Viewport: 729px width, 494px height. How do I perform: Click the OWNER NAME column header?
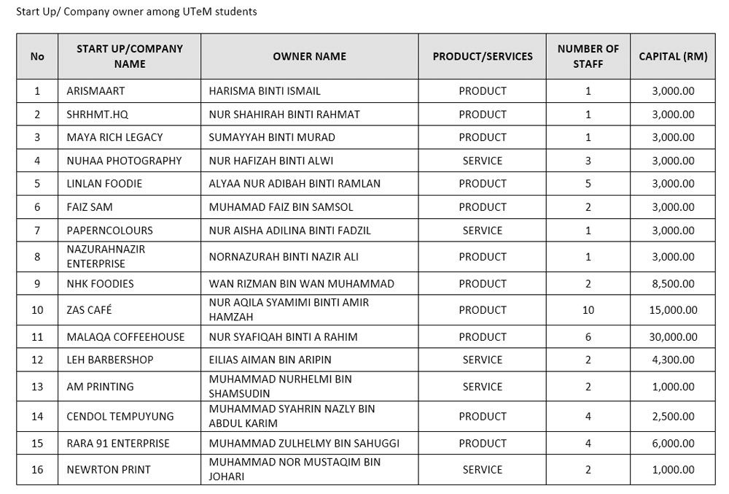[x=309, y=56]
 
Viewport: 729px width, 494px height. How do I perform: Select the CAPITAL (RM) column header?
[x=672, y=56]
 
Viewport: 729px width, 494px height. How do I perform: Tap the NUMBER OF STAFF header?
[x=588, y=56]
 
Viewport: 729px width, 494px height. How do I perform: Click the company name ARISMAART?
[x=95, y=91]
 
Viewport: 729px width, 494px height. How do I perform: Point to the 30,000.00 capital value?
[x=673, y=337]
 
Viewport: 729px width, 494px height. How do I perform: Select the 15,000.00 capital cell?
[x=673, y=310]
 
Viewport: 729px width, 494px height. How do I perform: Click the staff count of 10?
[x=588, y=310]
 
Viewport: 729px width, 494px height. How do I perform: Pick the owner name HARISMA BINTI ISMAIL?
[x=265, y=91]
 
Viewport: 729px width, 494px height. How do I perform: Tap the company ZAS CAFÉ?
[x=89, y=310]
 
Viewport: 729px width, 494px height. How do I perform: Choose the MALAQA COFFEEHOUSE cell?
[x=125, y=337]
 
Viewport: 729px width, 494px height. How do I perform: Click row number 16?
[x=37, y=470]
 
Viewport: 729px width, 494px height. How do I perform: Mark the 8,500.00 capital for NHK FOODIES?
[x=673, y=284]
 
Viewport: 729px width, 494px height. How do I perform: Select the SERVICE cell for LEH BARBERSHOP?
[x=482, y=360]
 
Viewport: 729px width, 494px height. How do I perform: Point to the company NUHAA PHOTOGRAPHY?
[x=124, y=161]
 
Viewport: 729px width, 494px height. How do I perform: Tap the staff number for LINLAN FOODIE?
[x=588, y=184]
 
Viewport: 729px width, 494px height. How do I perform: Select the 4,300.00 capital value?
[x=673, y=360]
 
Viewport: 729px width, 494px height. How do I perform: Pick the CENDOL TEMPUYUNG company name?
[x=120, y=417]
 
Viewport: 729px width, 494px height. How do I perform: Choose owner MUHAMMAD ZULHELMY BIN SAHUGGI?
[x=304, y=444]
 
